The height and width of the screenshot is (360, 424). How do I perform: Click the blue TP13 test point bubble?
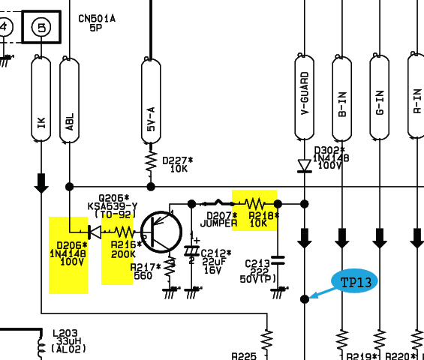point(354,281)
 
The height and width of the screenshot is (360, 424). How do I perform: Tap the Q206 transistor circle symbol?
point(161,232)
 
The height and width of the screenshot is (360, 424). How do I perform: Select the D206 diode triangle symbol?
point(95,232)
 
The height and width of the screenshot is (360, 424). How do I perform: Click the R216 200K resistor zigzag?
point(124,232)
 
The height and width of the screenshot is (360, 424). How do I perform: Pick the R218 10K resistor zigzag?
point(254,203)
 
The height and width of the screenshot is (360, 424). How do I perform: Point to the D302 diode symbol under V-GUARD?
point(305,166)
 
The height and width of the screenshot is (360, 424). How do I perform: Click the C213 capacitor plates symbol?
point(278,260)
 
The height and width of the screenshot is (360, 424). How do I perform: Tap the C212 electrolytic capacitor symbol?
point(191,250)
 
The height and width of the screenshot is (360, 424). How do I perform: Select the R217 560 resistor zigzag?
point(170,268)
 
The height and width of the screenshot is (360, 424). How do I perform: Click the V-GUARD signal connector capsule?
point(305,97)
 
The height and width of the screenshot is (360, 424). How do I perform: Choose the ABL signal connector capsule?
point(70,100)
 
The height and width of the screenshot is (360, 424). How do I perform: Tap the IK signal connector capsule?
point(41,99)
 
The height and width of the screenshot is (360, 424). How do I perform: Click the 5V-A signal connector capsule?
point(151,100)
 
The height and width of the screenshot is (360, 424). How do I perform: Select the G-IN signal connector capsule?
point(380,97)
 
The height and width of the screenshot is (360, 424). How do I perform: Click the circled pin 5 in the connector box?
point(41,27)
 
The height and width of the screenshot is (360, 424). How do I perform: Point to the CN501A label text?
point(97,19)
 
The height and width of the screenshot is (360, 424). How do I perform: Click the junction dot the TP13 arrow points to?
point(305,299)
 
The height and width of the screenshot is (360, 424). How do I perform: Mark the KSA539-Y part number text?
point(113,206)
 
